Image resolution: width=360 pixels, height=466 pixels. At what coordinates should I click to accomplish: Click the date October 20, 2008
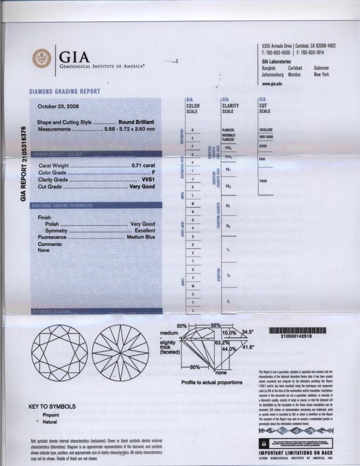click(58, 106)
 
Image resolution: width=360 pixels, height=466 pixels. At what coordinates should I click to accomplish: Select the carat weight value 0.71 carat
click(143, 165)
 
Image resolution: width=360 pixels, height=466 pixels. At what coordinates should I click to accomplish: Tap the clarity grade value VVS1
click(148, 179)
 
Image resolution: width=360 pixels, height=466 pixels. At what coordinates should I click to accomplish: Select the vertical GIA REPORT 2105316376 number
click(23, 163)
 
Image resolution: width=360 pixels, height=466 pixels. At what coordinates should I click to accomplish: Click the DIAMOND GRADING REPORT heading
click(64, 91)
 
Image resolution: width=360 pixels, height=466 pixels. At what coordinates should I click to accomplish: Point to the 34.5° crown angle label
click(247, 331)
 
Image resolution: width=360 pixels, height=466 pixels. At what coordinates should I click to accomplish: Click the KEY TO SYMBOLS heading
click(52, 407)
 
